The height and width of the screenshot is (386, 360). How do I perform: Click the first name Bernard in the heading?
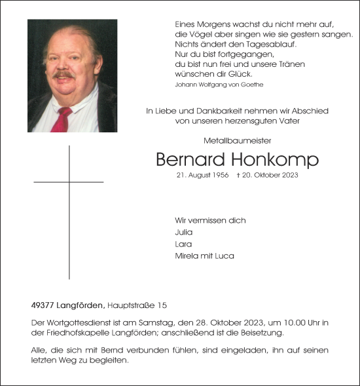click(190, 159)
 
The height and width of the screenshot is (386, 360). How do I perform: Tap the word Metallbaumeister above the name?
click(237, 140)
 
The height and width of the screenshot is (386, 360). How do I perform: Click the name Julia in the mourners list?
click(184, 232)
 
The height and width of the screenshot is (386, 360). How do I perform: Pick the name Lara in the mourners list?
click(183, 244)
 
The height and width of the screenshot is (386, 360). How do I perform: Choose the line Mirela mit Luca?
click(204, 256)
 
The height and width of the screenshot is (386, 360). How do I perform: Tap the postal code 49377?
click(42, 305)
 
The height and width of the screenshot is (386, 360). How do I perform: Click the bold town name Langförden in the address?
click(79, 305)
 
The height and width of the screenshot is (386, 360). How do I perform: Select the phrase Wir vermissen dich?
click(210, 220)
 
